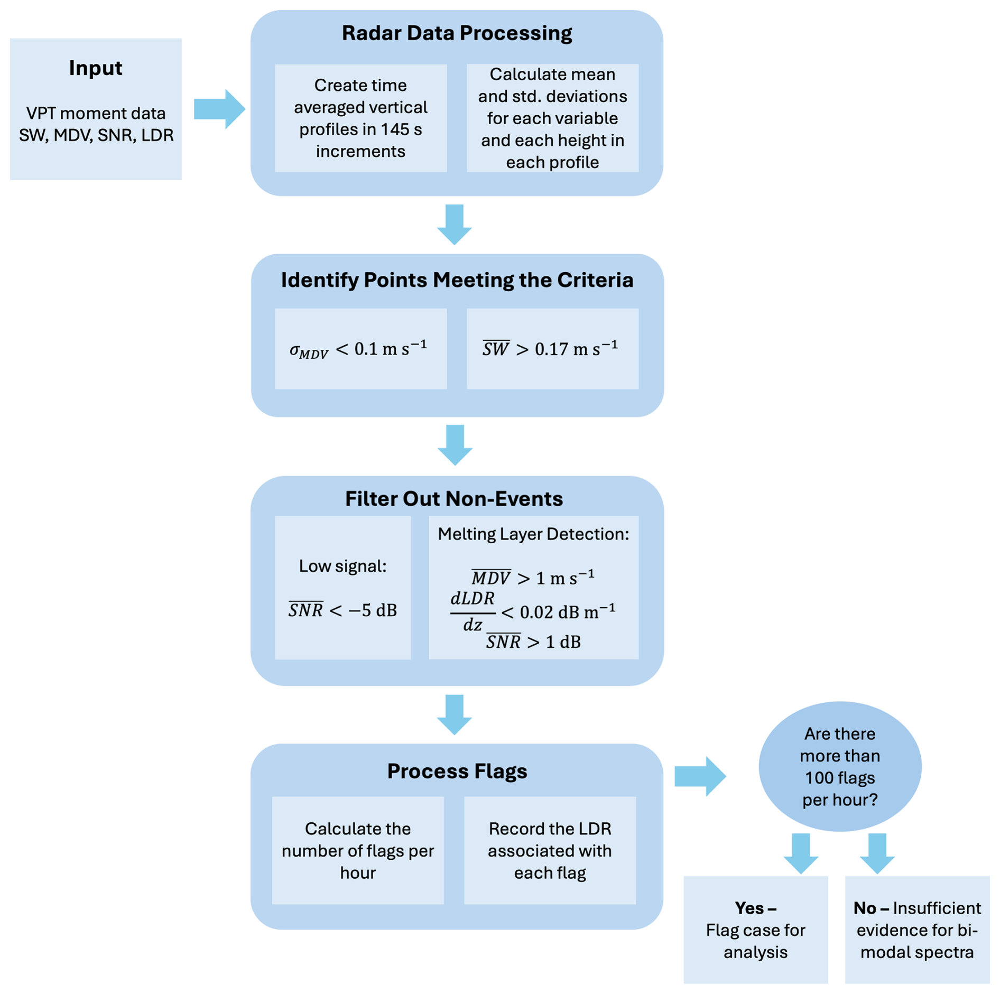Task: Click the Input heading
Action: click(x=96, y=68)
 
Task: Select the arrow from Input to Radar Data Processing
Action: click(x=219, y=109)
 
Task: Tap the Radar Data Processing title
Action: click(x=457, y=33)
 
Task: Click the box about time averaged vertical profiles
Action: click(x=360, y=118)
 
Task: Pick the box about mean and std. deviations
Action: click(x=552, y=118)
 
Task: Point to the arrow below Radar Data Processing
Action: click(x=455, y=224)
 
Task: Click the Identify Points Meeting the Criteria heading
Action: click(x=457, y=280)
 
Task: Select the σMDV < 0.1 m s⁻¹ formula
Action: click(x=358, y=349)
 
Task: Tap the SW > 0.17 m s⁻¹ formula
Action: click(x=550, y=349)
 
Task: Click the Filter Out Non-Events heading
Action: click(x=454, y=499)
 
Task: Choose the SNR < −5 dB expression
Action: click(x=342, y=610)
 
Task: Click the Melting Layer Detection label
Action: click(x=533, y=534)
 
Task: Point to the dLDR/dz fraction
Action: click(x=473, y=612)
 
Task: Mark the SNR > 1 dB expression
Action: click(x=533, y=642)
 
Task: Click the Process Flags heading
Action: click(x=457, y=771)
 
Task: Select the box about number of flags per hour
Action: click(x=358, y=850)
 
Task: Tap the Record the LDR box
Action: click(x=550, y=850)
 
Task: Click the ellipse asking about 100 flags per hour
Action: click(x=839, y=766)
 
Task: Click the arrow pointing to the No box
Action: click(x=877, y=853)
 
